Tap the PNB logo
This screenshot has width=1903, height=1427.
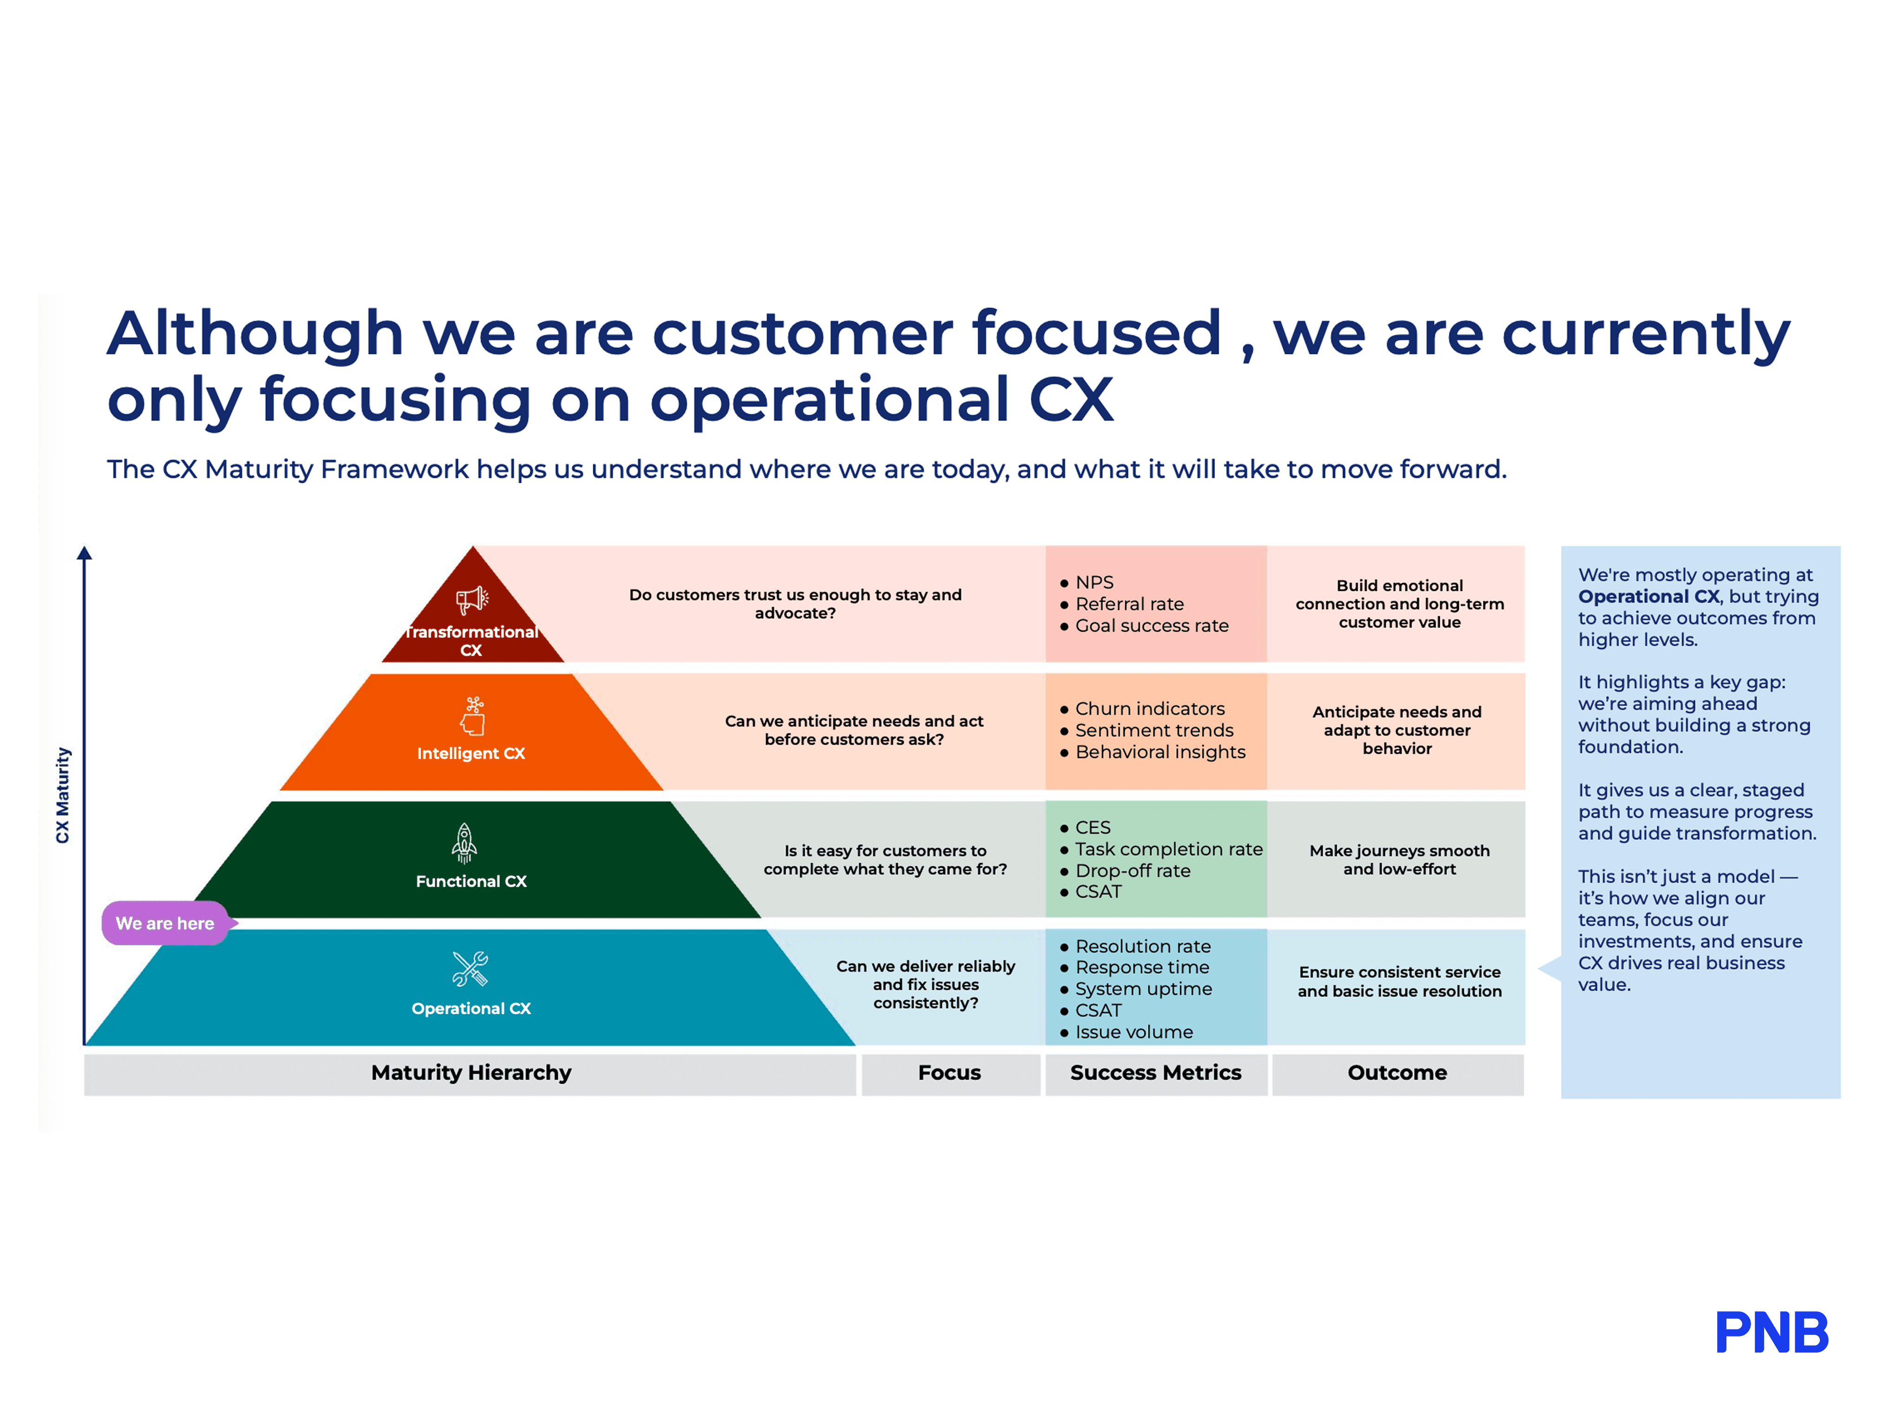[x=1772, y=1332]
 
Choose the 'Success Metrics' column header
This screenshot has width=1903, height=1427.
[x=1155, y=1073]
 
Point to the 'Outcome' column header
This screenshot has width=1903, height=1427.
[x=1397, y=1073]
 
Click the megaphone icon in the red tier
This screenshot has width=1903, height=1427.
[x=472, y=600]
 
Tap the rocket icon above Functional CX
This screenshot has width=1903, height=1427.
[x=465, y=843]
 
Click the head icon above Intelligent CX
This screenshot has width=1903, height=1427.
[x=473, y=716]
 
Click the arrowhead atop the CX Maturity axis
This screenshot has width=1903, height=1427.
[x=84, y=553]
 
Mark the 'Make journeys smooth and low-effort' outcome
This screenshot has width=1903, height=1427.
[x=1399, y=859]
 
